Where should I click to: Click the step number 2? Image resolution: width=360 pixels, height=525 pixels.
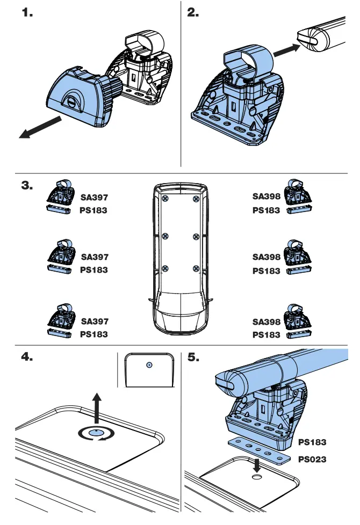193,14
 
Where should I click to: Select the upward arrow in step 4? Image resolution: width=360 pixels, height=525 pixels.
96,408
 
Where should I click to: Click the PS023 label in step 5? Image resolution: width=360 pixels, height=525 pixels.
313,460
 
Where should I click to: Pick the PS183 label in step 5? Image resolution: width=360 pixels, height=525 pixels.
313,442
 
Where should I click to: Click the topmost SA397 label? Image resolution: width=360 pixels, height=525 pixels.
95,198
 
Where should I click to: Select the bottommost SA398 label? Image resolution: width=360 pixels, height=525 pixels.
267,322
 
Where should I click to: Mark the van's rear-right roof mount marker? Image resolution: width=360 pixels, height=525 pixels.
196,199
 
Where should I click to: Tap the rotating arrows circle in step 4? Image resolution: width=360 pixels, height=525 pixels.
96,433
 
